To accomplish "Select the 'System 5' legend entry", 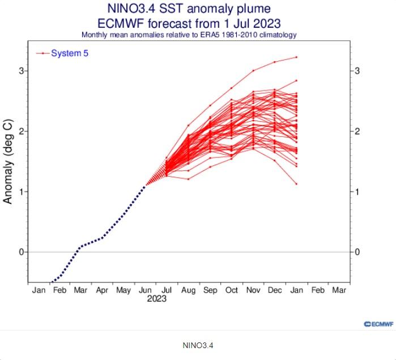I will [x=70, y=53].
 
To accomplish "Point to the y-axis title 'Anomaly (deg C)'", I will [x=8, y=161].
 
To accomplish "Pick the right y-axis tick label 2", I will [x=357, y=131].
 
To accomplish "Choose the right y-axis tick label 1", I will [x=357, y=191].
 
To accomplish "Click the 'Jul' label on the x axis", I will [x=167, y=290].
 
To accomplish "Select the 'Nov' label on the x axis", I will [x=253, y=290].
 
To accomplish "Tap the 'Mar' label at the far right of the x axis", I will [x=339, y=290].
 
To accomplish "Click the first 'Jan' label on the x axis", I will [x=39, y=290].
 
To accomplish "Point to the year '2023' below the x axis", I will [x=156, y=299].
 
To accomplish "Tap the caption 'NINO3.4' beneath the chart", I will [x=198, y=345].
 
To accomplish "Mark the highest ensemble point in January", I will [x=296, y=57].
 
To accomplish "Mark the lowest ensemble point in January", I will [x=296, y=183].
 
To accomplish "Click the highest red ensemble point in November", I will [x=253, y=70].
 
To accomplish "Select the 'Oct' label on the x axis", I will [x=232, y=290].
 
